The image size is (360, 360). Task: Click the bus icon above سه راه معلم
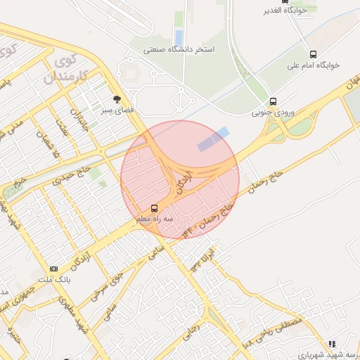coord(154,208)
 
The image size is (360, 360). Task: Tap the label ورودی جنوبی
coord(274,112)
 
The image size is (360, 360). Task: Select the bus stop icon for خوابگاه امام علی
coord(313,53)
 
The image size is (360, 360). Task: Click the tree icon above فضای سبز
coord(117,99)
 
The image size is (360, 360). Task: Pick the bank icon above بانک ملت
coord(54,269)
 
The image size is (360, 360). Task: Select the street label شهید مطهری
coord(76,314)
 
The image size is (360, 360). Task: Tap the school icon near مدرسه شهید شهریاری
coord(332,344)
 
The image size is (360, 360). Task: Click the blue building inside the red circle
coord(213,139)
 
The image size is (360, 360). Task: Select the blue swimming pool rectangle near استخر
coord(179,37)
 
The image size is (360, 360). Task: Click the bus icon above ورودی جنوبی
coord(274,101)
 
